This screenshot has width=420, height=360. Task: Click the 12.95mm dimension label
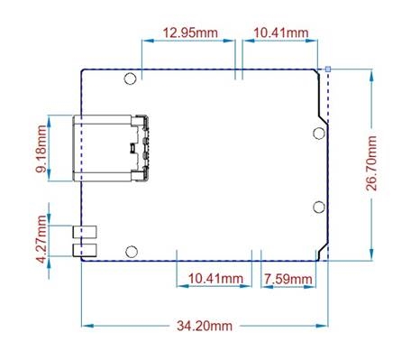click(x=189, y=33)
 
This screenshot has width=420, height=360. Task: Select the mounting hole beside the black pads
click(x=132, y=251)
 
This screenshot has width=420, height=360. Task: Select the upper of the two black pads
click(x=85, y=232)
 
